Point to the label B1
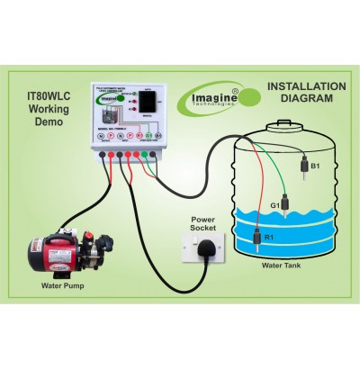tap(315, 166)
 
